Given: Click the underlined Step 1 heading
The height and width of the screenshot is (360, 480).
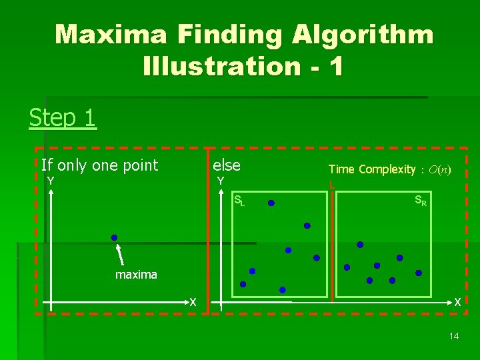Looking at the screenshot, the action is pos(63,118).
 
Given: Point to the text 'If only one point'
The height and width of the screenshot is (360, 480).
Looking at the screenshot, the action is pos(99,165).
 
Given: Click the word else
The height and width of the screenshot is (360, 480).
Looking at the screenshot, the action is pos(227,165).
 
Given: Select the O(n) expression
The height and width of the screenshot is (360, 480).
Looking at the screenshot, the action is pos(439,169).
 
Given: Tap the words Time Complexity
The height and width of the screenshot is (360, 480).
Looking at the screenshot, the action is pos(371,169).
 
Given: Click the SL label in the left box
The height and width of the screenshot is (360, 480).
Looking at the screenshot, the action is pos(239,200).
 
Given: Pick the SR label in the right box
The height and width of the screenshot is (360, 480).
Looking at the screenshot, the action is pos(421,200).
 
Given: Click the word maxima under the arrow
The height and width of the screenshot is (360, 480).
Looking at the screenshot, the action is pos(136,275).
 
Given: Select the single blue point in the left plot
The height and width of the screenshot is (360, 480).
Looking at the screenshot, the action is pos(114,238).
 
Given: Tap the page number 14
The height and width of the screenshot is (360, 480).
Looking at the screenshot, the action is pos(453,336).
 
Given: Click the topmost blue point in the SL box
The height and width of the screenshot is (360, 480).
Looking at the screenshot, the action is pos(271,203).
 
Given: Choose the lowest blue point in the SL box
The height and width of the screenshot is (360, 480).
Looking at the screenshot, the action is pos(283,290).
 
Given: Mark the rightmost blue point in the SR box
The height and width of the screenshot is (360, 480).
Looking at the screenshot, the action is pos(419,273).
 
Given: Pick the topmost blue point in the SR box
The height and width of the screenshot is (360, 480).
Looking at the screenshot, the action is pos(360,245).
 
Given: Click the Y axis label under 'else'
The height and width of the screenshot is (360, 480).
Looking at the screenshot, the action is pos(220,181).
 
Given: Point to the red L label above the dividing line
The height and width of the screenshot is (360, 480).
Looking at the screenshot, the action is pos(331,185).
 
